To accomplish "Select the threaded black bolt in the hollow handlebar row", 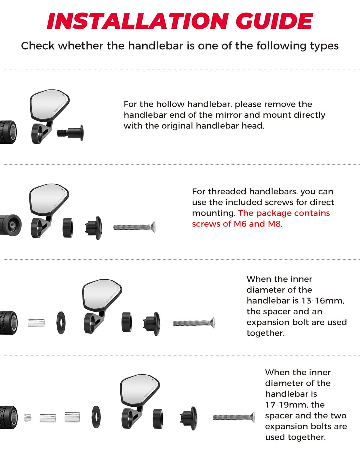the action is (70, 133).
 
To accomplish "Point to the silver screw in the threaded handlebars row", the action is (134, 227).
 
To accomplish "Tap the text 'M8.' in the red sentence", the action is (275, 224).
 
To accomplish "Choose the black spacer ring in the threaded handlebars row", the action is (68, 228).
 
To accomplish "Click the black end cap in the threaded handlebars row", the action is (94, 228).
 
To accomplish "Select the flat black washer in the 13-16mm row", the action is (61, 323).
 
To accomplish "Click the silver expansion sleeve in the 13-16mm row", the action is (36, 323).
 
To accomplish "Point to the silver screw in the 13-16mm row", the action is (194, 323).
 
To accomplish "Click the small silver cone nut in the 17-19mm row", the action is (28, 417).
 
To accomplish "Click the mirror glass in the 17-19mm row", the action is (140, 389).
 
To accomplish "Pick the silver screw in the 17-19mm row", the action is (234, 417).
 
